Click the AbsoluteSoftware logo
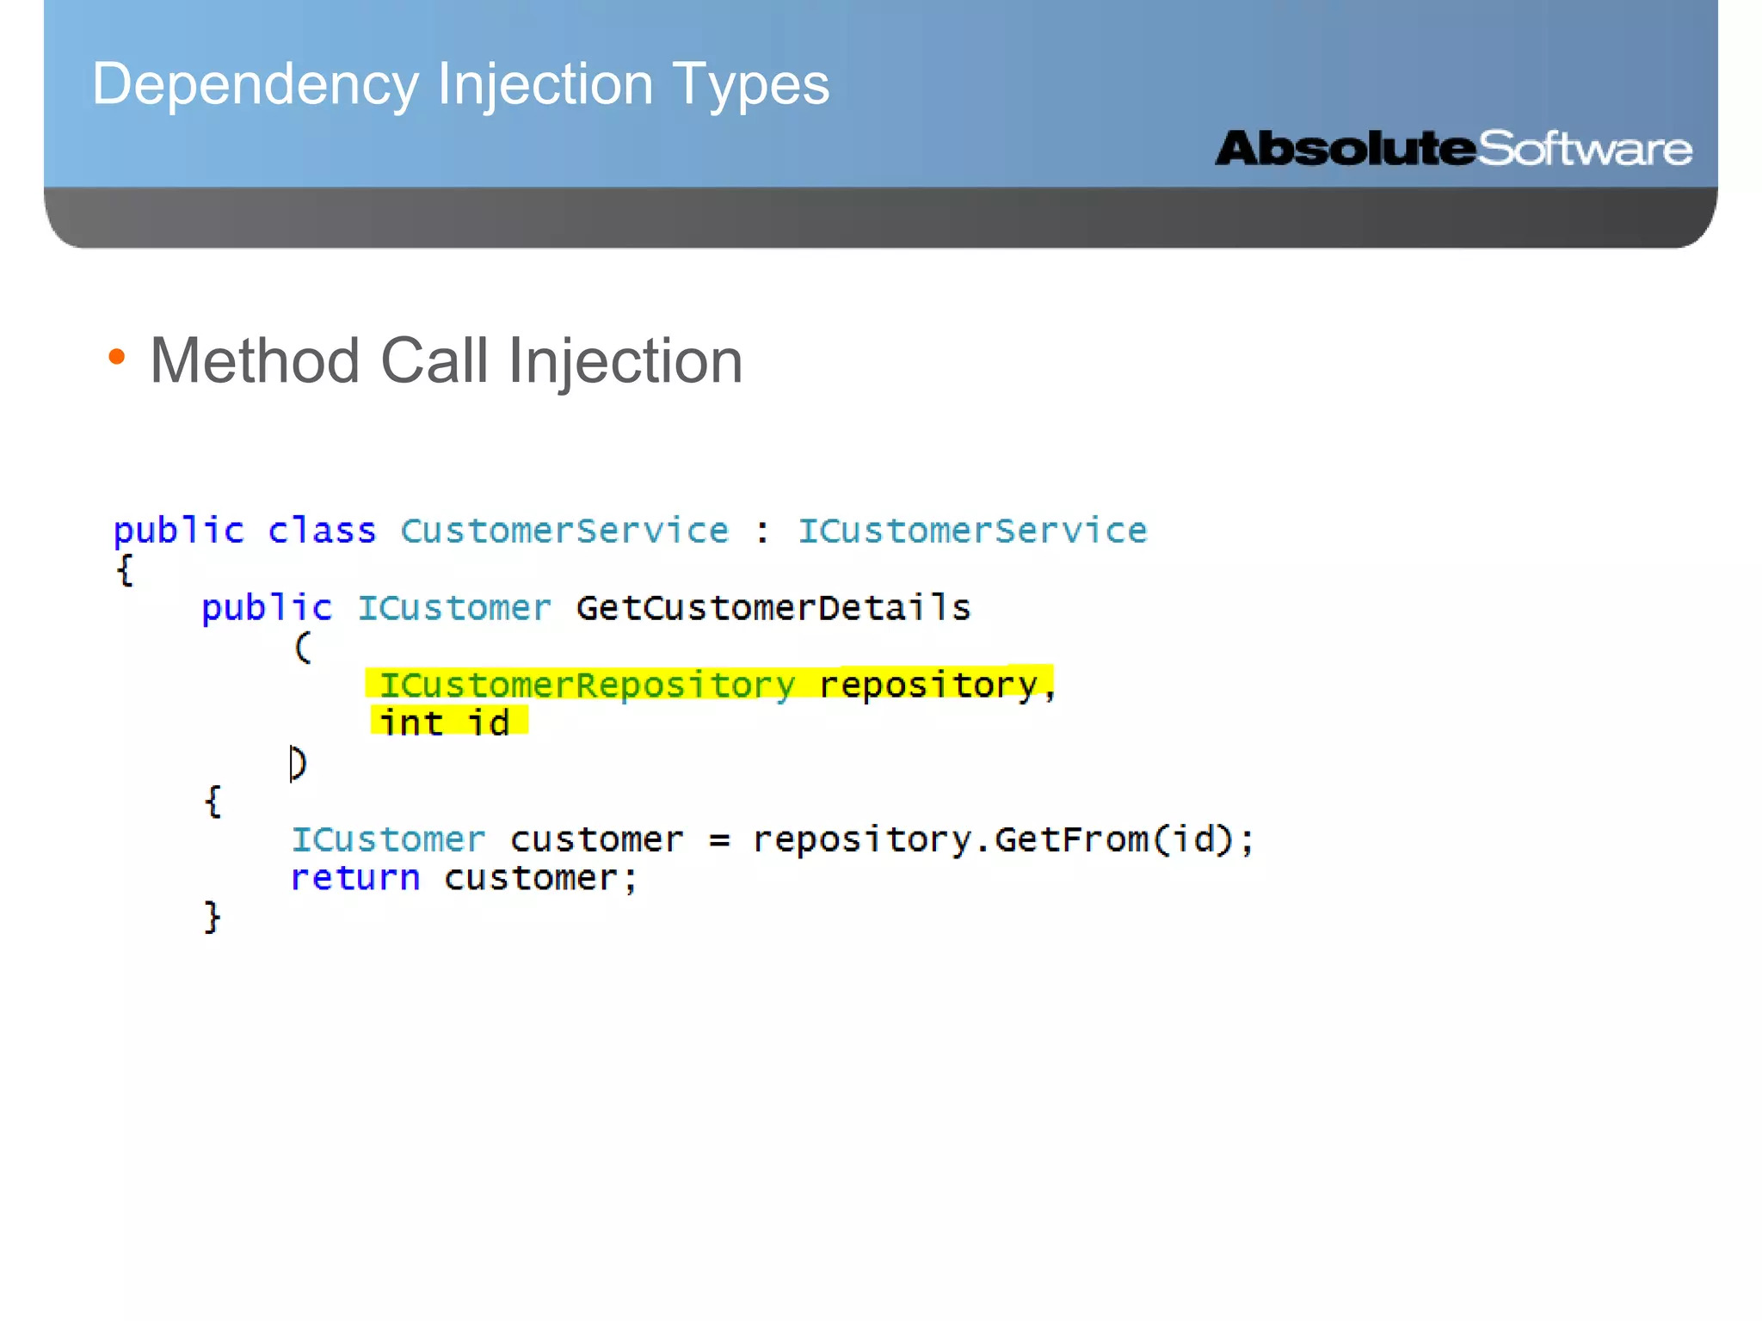pyautogui.click(x=1453, y=149)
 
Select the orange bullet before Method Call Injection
pyautogui.click(x=118, y=356)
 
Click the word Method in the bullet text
pyautogui.click(x=255, y=360)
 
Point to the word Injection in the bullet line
pyautogui.click(x=625, y=362)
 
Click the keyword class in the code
pyautogui.click(x=322, y=531)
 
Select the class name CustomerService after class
pyautogui.click(x=564, y=531)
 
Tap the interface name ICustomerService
pyautogui.click(x=972, y=531)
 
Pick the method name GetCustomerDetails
pyautogui.click(x=773, y=608)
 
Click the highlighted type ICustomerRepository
pyautogui.click(x=588, y=685)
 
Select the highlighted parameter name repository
pyautogui.click(x=928, y=685)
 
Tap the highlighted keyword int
pyautogui.click(x=411, y=722)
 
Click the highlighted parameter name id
pyautogui.click(x=489, y=722)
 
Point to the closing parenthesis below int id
pyautogui.click(x=299, y=763)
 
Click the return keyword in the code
pyautogui.click(x=355, y=878)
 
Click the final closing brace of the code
pyautogui.click(x=213, y=917)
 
